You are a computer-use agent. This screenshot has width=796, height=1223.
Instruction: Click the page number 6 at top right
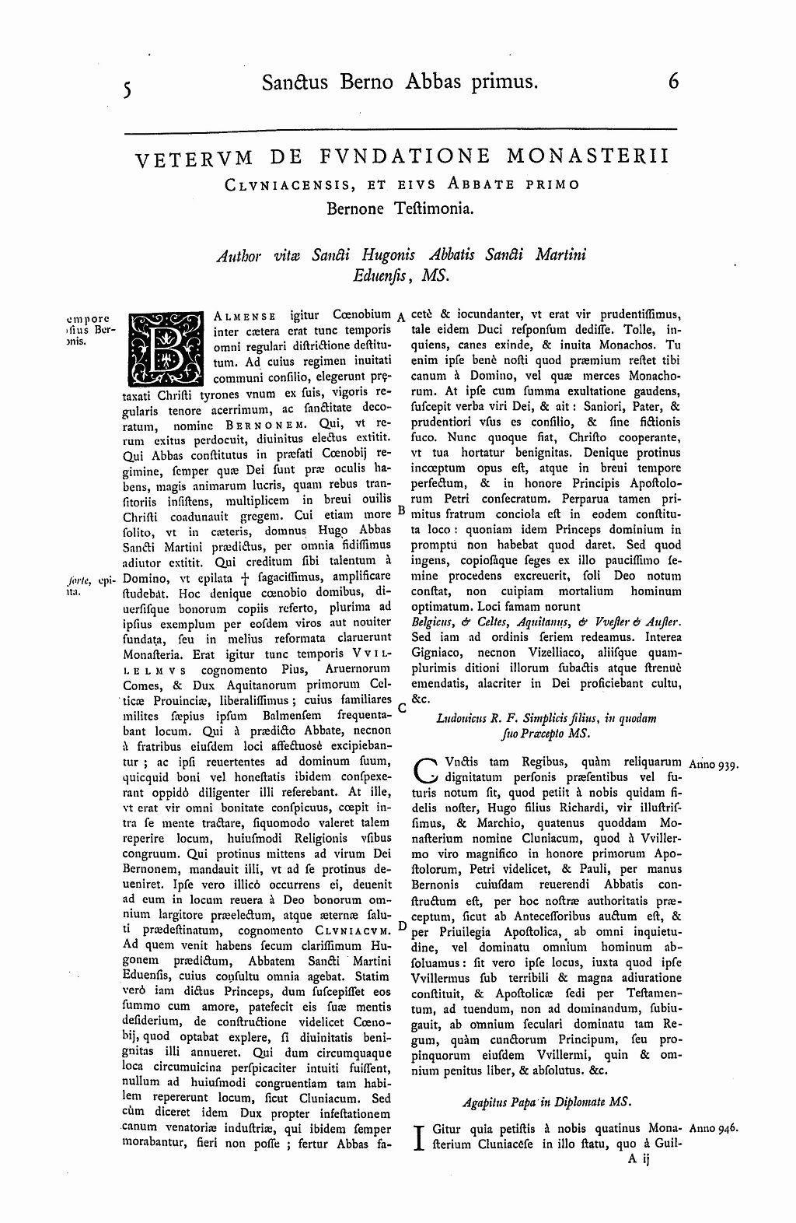click(673, 81)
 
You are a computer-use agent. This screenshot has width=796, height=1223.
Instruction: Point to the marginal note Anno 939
click(714, 764)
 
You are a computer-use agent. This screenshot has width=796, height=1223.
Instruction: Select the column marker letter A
click(400, 317)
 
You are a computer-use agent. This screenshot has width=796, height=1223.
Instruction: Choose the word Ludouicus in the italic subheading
click(465, 718)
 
